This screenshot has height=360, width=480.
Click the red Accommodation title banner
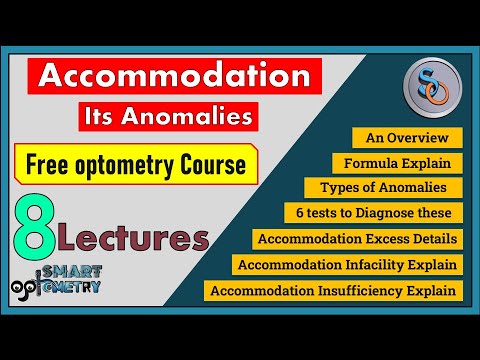(174, 77)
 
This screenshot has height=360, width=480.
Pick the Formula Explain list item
(397, 162)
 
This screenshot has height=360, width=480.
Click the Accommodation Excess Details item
(358, 239)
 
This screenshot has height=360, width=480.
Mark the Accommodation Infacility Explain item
(348, 265)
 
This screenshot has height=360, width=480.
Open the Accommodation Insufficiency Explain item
(334, 291)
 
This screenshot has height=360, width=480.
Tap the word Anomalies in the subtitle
(207, 118)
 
